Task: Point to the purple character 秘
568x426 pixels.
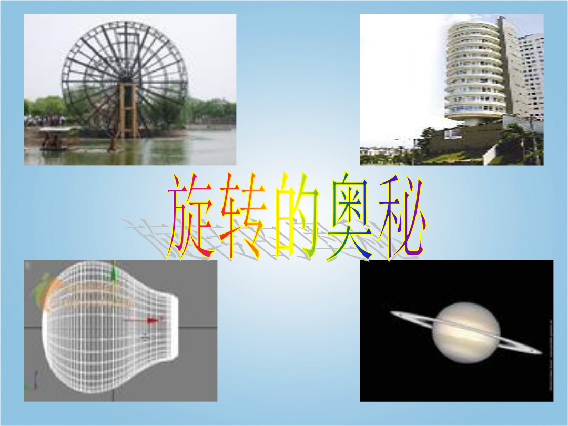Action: (402, 217)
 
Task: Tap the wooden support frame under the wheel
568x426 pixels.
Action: (127, 111)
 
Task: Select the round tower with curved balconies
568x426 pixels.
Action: (474, 70)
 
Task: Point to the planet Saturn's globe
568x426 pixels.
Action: (467, 333)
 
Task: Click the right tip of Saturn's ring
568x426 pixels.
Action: (542, 352)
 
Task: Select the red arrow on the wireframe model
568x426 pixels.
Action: (142, 321)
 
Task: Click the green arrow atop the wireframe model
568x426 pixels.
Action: (115, 272)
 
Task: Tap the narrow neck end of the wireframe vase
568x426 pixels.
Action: (175, 328)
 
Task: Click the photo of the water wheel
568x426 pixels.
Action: (130, 89)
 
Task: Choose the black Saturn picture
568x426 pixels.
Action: (457, 331)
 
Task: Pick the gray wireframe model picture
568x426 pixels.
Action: (120, 331)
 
